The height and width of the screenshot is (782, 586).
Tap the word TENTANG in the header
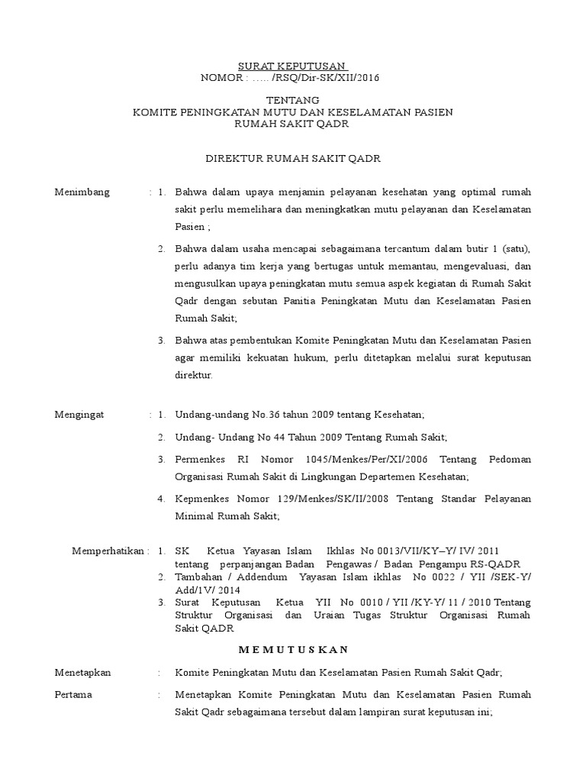tap(292, 100)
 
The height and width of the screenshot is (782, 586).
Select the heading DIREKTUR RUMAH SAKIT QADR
tap(293, 158)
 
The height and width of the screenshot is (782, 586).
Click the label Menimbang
tap(82, 192)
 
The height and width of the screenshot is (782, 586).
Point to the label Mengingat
tap(79, 415)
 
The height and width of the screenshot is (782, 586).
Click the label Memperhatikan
tap(109, 551)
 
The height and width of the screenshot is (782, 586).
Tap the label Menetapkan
tap(83, 672)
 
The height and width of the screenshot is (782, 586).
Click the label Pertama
tap(73, 695)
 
